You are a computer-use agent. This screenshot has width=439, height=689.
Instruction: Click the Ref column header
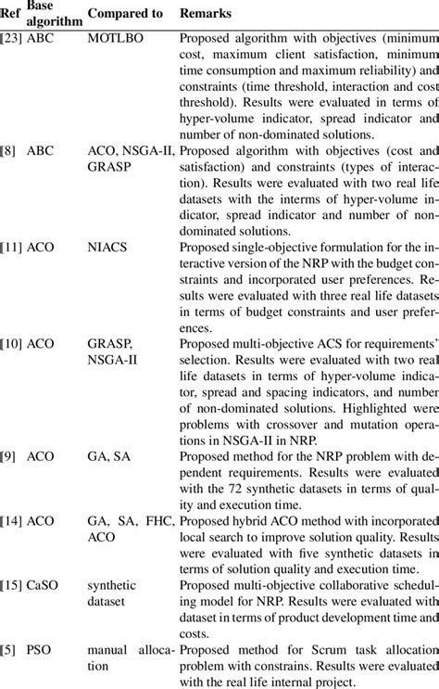tap(11, 16)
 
